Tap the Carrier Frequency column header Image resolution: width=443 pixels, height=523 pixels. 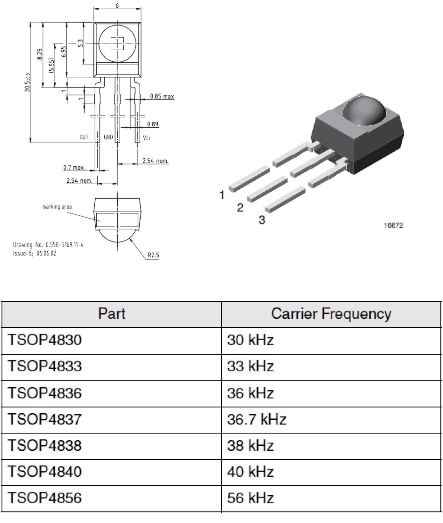click(331, 314)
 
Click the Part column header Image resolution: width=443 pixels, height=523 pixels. click(111, 314)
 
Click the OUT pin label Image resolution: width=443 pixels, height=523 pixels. click(84, 137)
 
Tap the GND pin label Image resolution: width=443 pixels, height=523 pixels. click(108, 137)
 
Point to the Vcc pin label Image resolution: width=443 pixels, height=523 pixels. click(146, 138)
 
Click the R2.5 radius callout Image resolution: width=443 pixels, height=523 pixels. click(153, 255)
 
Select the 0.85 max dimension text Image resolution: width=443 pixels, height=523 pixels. click(162, 96)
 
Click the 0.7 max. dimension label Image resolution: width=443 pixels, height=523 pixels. click(74, 167)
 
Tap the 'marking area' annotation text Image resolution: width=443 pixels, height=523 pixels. click(57, 207)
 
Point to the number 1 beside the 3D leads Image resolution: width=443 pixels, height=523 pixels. click(222, 195)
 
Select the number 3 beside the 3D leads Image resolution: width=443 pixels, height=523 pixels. click(262, 220)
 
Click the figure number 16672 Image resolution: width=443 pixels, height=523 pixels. click(393, 226)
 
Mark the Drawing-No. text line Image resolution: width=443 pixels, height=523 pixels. click(48, 245)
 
